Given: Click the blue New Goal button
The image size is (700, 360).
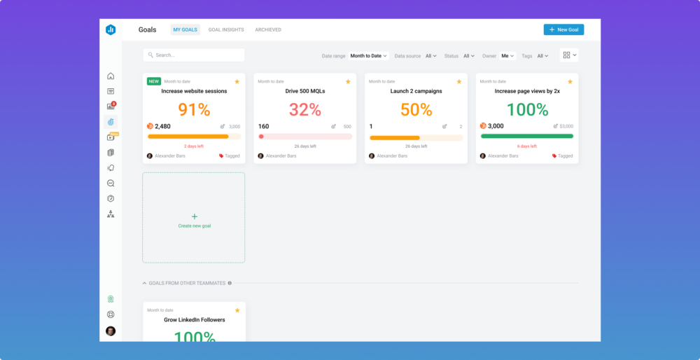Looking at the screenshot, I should click(563, 29).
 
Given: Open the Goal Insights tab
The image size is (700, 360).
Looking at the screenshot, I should click(226, 29).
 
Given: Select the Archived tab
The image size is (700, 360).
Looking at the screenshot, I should click(268, 29).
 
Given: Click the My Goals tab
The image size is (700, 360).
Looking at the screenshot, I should click(185, 29).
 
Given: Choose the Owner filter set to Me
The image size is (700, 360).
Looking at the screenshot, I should click(507, 56).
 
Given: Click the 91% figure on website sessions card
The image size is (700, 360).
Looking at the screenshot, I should click(194, 109).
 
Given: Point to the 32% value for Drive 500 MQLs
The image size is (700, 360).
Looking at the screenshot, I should click(304, 109).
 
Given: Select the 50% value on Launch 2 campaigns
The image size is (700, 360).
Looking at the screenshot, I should click(416, 109).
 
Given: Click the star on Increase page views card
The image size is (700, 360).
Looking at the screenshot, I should click(570, 81).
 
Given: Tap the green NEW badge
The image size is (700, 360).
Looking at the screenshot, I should click(154, 81).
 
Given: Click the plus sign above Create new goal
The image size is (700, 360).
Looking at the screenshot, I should click(195, 217).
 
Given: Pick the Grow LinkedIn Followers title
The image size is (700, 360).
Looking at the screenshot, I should click(194, 319).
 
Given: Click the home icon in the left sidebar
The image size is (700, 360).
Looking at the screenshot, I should click(111, 76).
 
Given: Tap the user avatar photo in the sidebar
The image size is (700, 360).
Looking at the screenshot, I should click(111, 331).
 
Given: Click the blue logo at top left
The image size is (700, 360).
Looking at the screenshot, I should click(111, 29).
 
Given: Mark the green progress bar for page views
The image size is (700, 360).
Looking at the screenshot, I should click(527, 137).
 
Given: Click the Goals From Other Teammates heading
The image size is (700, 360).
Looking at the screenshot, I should click(187, 283).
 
